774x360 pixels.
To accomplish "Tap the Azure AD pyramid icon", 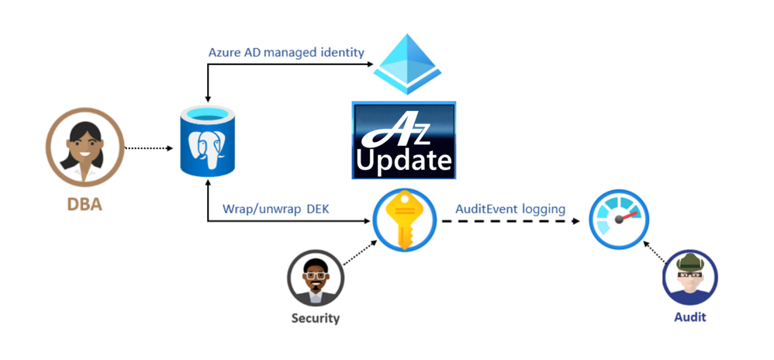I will coord(402,65).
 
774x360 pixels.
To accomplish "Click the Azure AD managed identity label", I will coord(286,52).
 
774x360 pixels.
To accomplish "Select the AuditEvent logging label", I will coord(510,209).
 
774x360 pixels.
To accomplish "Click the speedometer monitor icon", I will coord(618,220).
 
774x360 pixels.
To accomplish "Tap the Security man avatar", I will coord(315,279).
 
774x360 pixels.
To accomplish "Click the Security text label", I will coord(315,318).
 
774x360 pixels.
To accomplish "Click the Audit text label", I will coord(690,318).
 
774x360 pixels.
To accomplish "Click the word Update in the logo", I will coord(403,161).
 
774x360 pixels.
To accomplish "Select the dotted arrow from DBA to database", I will coord(148,145).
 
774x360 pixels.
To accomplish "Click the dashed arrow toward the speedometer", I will coord(512,221).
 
